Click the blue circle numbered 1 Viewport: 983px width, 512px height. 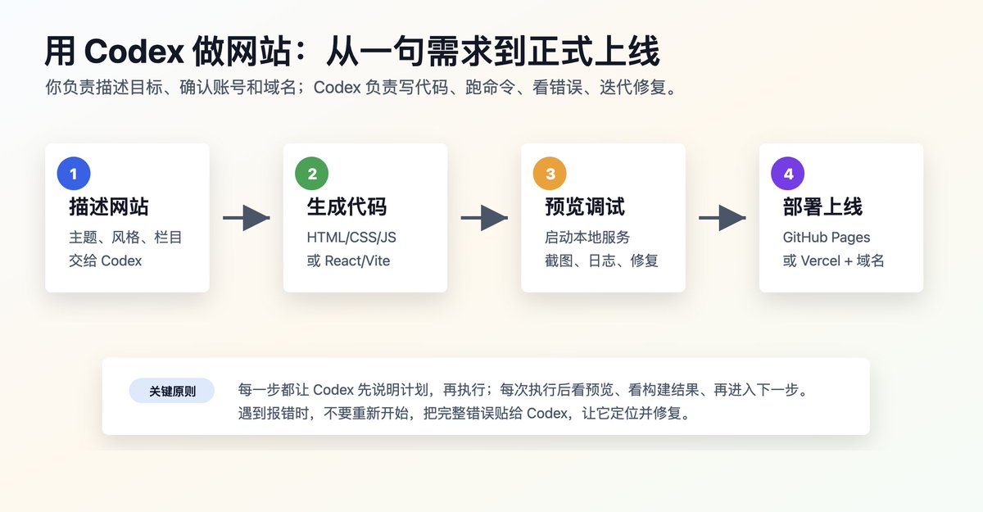[x=74, y=174]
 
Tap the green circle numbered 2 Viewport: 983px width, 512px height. [x=311, y=174]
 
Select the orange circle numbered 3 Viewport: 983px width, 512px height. [x=550, y=174]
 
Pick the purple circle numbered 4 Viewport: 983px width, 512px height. [x=788, y=174]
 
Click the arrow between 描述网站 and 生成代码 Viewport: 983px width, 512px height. [x=247, y=218]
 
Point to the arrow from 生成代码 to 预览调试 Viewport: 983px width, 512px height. [x=484, y=218]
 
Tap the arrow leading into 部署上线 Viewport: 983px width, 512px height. [x=723, y=218]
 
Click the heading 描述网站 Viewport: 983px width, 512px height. [x=109, y=206]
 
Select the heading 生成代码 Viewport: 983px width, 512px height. [x=347, y=206]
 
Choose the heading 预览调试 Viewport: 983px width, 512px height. [x=585, y=206]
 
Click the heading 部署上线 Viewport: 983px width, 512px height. [x=822, y=206]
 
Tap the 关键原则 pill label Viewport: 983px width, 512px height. [x=171, y=391]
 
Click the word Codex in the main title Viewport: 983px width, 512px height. [x=134, y=52]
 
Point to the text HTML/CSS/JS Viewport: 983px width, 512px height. [x=351, y=238]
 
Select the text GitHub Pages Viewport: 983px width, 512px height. [x=827, y=238]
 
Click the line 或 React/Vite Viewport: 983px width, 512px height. [x=348, y=261]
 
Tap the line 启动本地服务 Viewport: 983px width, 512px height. [x=587, y=238]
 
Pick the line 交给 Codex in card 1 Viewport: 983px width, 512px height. [x=106, y=261]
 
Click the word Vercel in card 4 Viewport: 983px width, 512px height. [x=821, y=261]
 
